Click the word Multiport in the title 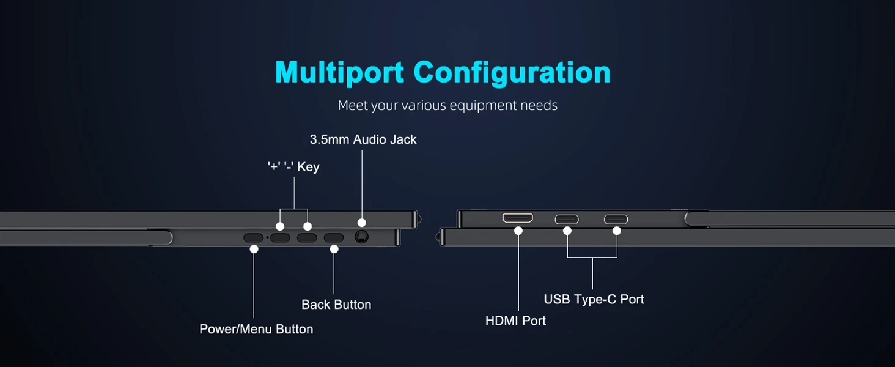pos(340,72)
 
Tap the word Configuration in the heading pos(512,72)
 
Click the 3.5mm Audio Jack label pos(363,139)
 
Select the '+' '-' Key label pos(293,166)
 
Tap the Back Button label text pos(336,305)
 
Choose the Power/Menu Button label pos(256,329)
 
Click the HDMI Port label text pos(515,321)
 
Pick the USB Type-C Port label pos(594,300)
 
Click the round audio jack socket pos(361,237)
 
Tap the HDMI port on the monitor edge pos(518,218)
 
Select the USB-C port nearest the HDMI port pos(567,219)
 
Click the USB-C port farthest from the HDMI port pos(616,219)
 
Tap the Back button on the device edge pos(334,239)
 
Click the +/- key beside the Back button pos(307,239)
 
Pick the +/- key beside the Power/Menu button pos(280,239)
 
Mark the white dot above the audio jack pos(361,223)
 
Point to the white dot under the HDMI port pos(518,231)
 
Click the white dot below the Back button pos(334,249)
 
